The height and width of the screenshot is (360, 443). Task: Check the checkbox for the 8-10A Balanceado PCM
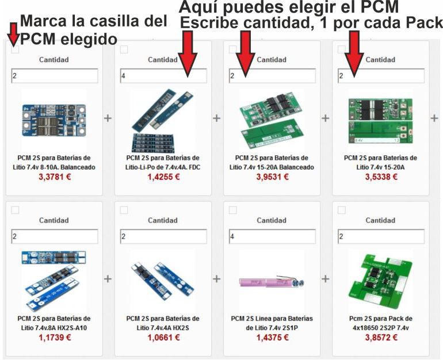16,49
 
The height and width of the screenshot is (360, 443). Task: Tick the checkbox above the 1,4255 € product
124,49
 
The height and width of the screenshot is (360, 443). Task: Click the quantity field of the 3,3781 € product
55,76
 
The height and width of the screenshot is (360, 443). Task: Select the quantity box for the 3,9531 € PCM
272,76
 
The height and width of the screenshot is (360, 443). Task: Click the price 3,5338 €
381,177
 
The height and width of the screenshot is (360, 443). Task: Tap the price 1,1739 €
55,338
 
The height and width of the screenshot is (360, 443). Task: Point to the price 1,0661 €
163,338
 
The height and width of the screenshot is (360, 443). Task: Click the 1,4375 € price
272,338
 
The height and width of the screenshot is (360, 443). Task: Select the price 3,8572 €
381,338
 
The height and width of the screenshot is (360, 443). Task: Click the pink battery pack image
272,282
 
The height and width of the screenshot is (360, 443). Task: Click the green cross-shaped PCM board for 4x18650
381,280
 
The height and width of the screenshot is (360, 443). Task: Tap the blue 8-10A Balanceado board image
54,120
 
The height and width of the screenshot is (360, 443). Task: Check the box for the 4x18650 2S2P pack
342,210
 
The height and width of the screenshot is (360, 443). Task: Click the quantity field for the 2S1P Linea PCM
272,236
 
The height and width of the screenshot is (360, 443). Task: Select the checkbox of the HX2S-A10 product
16,210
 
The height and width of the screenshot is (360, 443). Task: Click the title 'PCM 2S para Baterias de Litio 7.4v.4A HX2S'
163,323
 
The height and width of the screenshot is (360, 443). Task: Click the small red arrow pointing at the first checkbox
13,35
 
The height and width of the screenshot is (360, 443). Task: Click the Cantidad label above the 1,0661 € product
163,220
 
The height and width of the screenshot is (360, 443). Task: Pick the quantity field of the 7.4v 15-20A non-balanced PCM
381,76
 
